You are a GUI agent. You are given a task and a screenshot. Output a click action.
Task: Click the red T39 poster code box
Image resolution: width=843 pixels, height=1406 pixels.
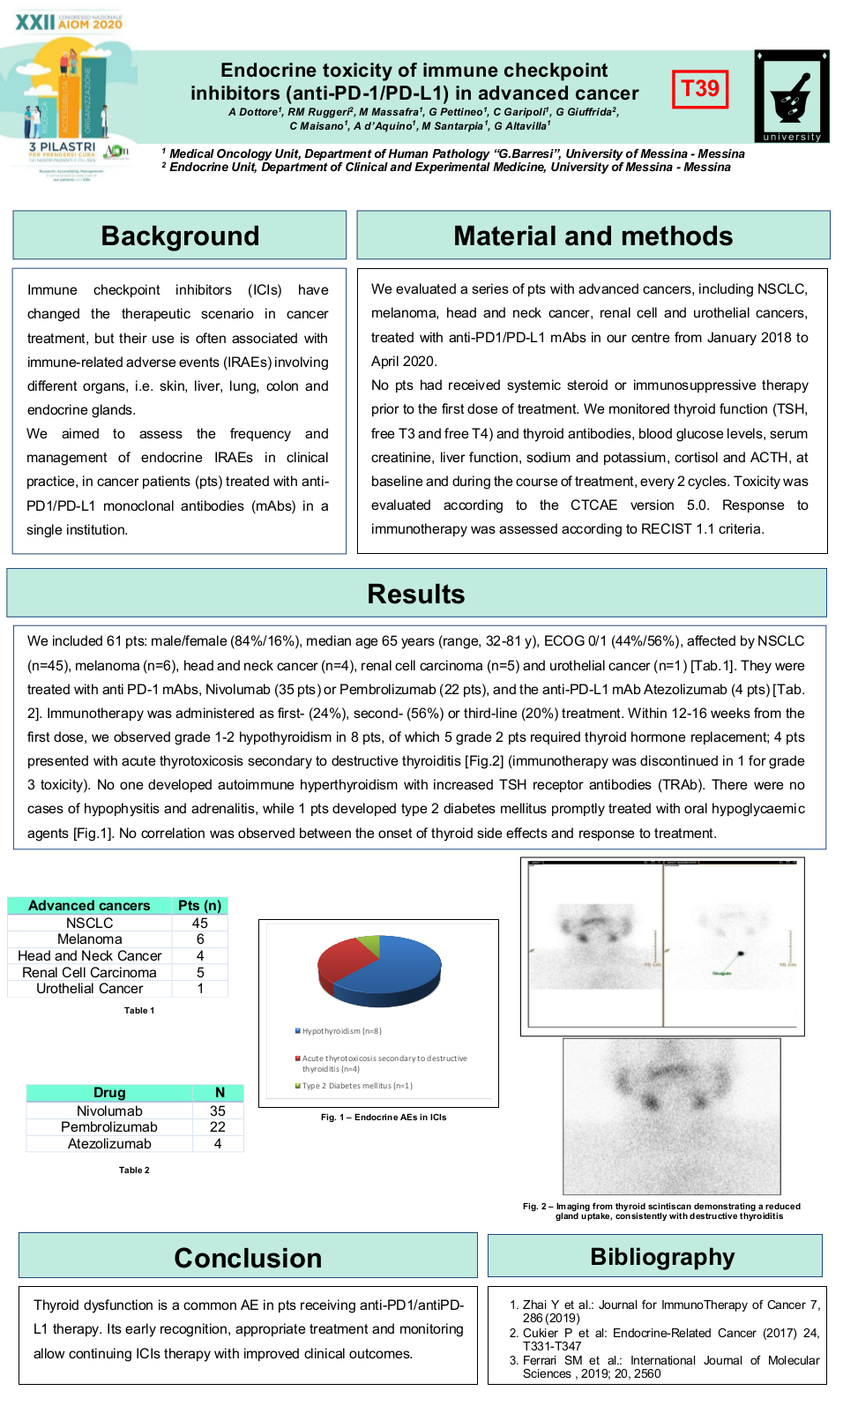(x=700, y=89)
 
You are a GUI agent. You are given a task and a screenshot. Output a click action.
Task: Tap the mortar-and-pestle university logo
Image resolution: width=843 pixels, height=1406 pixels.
(x=792, y=95)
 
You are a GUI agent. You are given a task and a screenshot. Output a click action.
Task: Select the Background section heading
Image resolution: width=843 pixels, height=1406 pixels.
(x=180, y=236)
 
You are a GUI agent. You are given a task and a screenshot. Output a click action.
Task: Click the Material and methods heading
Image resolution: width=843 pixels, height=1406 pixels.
(x=593, y=236)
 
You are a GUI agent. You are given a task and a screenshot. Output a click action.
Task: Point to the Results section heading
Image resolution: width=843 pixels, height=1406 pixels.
(x=415, y=594)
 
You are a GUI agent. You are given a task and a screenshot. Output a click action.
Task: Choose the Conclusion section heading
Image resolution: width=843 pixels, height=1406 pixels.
(x=248, y=1257)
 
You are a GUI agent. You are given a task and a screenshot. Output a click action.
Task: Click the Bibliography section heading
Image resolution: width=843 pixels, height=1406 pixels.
(x=661, y=1256)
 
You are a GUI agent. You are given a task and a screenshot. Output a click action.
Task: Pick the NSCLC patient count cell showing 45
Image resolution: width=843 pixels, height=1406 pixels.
(x=200, y=923)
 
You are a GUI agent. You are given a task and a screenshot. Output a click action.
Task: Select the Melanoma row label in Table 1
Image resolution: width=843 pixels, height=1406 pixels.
(x=90, y=939)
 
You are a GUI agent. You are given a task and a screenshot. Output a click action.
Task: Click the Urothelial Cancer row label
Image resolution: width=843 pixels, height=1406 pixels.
(x=90, y=989)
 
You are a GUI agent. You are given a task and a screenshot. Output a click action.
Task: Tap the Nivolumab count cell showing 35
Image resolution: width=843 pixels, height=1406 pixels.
(x=218, y=1111)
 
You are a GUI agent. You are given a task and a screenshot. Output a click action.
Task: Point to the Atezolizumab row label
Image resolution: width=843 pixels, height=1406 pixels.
(x=109, y=1144)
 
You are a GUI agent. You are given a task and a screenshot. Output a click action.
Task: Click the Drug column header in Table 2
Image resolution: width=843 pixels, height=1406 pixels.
(x=109, y=1093)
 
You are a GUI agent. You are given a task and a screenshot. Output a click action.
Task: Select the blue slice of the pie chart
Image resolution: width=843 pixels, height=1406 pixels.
(x=397, y=970)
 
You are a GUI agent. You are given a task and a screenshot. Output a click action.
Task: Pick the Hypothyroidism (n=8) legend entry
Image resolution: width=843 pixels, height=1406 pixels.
(x=340, y=1031)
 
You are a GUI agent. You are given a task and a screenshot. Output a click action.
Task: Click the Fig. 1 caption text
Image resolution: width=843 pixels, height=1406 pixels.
(x=384, y=1118)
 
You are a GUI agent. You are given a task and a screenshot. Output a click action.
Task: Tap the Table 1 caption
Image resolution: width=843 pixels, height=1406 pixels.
(x=139, y=1011)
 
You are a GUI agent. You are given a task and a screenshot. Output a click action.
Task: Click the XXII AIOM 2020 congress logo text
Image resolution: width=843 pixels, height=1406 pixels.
(x=69, y=22)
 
